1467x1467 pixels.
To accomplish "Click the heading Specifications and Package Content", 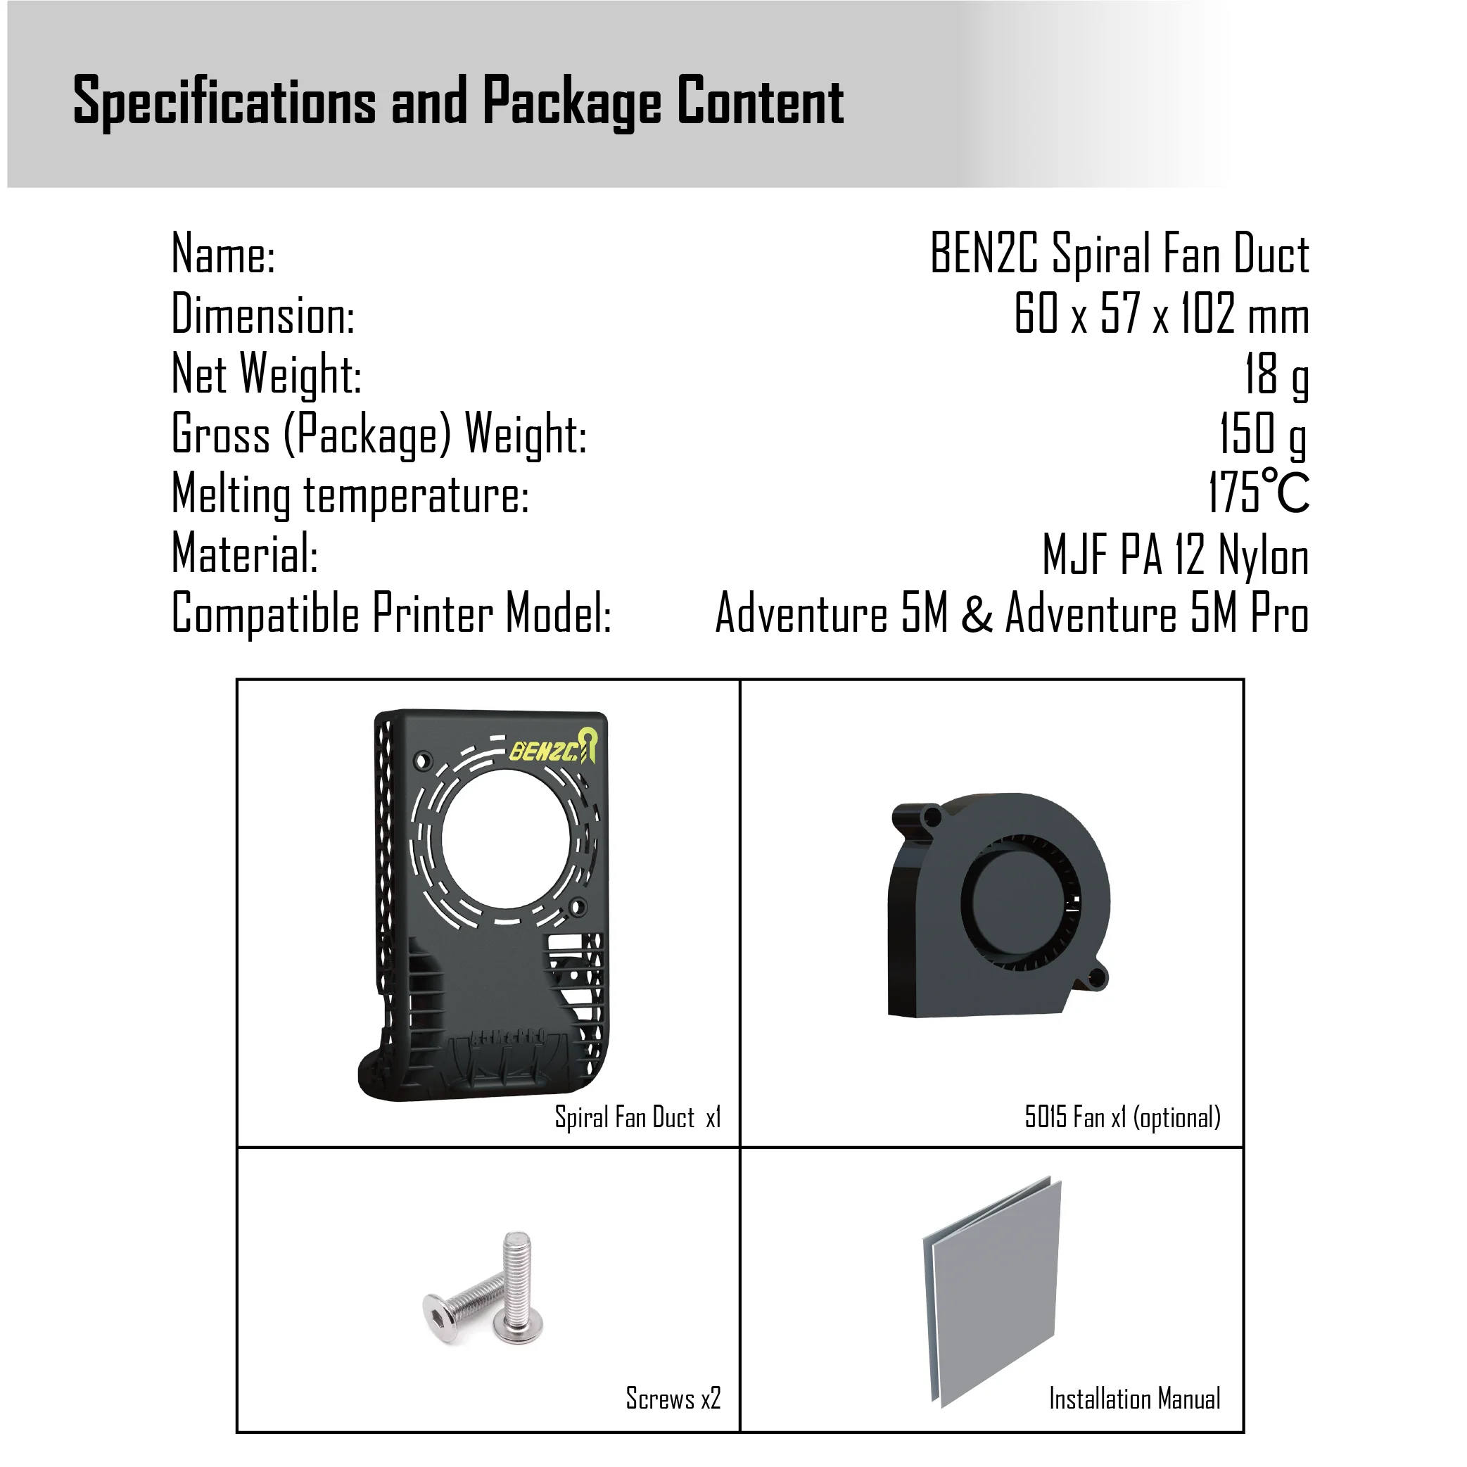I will pos(458,101).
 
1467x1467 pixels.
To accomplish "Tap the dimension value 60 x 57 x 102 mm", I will pos(1161,314).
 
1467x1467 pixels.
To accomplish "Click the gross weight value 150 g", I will pos(1263,434).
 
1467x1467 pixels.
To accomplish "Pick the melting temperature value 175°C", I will pos(1258,493).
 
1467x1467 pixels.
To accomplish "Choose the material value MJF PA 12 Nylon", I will pos(1175,555).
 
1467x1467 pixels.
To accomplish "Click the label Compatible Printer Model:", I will pos(391,614).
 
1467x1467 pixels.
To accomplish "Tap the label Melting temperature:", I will pos(350,495).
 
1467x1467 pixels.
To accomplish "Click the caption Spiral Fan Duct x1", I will pos(637,1118).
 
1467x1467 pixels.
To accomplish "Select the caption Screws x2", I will pos(673,1398).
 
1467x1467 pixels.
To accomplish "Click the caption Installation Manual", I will pos(1134,1399).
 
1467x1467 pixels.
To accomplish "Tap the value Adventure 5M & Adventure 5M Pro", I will pos(1011,614).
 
